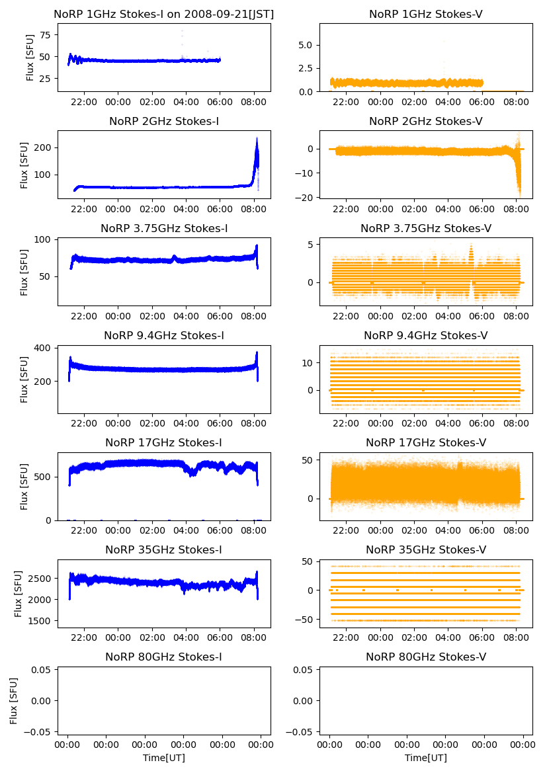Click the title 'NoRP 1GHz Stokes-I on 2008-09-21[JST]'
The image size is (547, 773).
[163, 14]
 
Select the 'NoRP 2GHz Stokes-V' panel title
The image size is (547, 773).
[425, 121]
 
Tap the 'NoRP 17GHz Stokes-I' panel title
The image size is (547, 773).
[163, 442]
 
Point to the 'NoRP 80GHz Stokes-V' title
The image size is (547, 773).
[425, 657]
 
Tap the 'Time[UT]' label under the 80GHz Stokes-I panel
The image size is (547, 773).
[163, 758]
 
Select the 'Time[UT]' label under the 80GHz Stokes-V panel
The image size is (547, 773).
[425, 758]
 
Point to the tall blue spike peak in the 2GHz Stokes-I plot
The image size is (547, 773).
[257, 138]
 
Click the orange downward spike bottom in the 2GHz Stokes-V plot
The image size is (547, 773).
[519, 196]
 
